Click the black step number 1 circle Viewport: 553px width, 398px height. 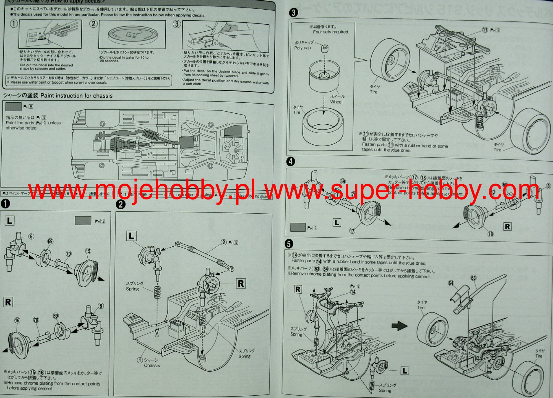point(5,203)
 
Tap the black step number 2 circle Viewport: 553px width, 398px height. point(120,204)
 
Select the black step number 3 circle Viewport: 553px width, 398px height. point(293,12)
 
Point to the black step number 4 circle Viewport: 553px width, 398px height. point(291,161)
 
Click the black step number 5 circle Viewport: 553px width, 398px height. point(289,244)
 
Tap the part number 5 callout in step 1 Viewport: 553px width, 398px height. point(31,237)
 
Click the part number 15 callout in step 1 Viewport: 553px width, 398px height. point(88,251)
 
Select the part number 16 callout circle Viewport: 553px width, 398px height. point(17,320)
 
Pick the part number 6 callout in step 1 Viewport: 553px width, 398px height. point(101,306)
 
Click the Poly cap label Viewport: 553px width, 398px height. point(302,48)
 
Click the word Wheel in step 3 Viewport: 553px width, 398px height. point(336,102)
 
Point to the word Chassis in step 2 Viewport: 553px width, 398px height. point(152,366)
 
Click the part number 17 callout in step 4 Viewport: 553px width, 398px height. point(352,231)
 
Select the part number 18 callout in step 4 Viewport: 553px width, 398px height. point(490,234)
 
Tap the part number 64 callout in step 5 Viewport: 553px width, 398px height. point(451,283)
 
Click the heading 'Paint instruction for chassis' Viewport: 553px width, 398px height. point(76,96)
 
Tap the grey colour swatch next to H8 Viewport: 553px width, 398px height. point(13,107)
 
